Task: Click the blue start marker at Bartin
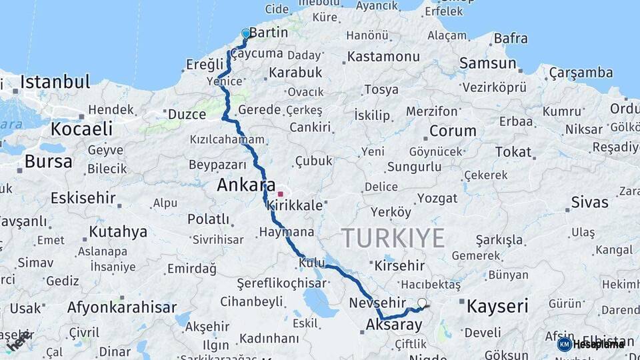click(x=245, y=34)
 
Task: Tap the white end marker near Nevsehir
click(x=421, y=303)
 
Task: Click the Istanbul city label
click(x=55, y=82)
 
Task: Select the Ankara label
click(x=246, y=185)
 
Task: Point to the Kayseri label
click(x=497, y=307)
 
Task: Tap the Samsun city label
click(x=487, y=64)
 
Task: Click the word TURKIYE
click(x=393, y=238)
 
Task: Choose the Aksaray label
click(x=394, y=325)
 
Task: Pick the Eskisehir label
click(x=83, y=199)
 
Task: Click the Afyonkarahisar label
click(x=122, y=308)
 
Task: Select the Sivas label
click(x=590, y=203)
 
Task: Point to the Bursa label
click(x=48, y=161)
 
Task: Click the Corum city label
click(x=453, y=131)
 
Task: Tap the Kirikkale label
click(x=294, y=207)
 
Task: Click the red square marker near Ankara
click(x=280, y=194)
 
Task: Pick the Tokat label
click(x=513, y=152)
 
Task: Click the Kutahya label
click(x=118, y=232)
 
